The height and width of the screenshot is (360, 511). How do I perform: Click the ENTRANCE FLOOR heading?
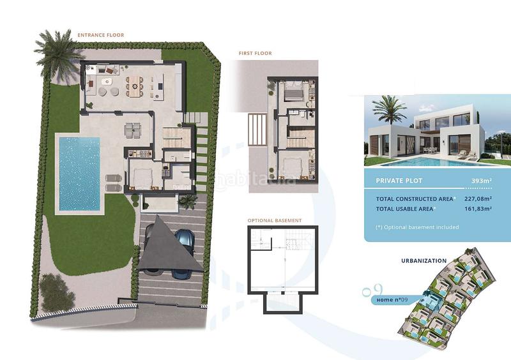click(101, 35)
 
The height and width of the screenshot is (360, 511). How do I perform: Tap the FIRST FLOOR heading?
click(256, 54)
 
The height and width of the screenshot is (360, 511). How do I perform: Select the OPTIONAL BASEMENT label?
click(275, 221)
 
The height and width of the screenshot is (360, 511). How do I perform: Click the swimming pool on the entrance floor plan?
click(79, 173)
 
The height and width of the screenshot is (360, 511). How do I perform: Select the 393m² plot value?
click(481, 181)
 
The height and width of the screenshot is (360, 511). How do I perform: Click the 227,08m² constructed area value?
click(477, 199)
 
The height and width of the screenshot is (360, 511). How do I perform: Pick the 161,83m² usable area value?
click(477, 209)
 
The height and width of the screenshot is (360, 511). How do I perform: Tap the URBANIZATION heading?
click(423, 260)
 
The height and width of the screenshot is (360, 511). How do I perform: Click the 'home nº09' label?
click(393, 299)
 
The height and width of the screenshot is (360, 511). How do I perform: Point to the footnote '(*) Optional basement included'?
click(418, 227)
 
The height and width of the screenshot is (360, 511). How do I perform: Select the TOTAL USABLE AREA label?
click(405, 209)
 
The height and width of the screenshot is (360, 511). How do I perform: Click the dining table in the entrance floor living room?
click(135, 84)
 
